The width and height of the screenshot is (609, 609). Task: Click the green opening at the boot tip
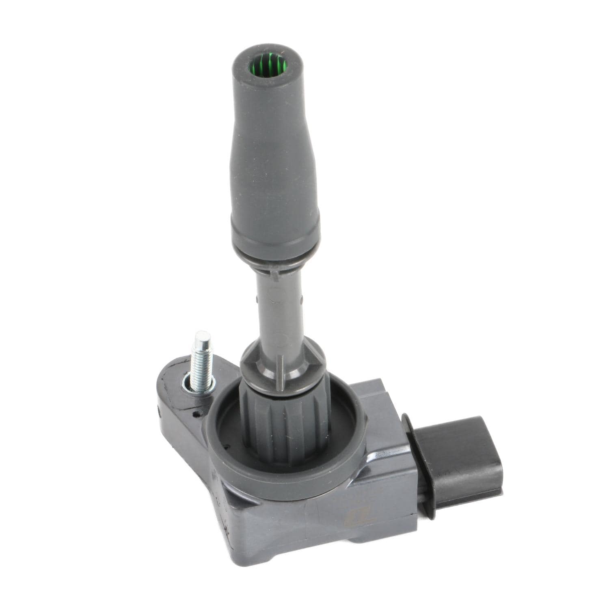click(x=268, y=65)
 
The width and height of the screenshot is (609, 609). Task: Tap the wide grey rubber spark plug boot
click(x=274, y=162)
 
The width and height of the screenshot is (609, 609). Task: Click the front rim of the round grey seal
click(x=284, y=479)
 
